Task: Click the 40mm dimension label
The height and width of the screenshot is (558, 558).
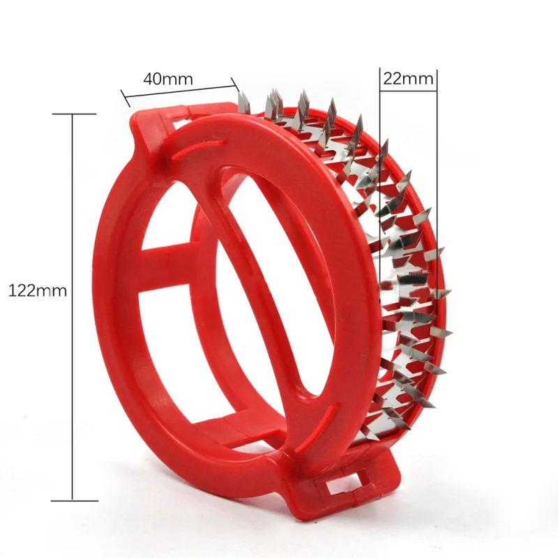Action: click(x=168, y=79)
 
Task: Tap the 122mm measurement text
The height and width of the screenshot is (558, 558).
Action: click(x=38, y=291)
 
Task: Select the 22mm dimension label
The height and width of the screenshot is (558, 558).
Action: click(x=408, y=79)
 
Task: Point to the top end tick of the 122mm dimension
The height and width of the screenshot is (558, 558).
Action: click(x=74, y=114)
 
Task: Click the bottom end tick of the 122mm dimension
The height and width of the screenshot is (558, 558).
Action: click(x=74, y=501)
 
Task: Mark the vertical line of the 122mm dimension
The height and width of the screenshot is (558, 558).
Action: click(x=73, y=307)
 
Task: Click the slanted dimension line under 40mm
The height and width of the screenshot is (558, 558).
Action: click(x=179, y=91)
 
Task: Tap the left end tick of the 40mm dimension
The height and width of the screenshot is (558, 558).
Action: click(x=126, y=98)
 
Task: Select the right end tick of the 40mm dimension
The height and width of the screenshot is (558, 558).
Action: click(x=234, y=84)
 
